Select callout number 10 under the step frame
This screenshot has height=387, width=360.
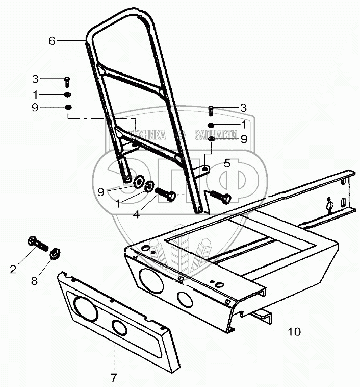(x=294, y=332)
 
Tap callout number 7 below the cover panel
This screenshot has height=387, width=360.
(x=114, y=378)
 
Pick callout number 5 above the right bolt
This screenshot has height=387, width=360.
(x=226, y=164)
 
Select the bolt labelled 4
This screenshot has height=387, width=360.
(x=166, y=195)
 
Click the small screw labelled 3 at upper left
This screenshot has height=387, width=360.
(x=68, y=80)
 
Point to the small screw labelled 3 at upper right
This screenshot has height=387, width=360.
(x=211, y=109)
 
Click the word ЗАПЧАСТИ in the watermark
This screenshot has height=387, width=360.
(x=217, y=135)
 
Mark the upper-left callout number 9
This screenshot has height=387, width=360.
(x=35, y=108)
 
